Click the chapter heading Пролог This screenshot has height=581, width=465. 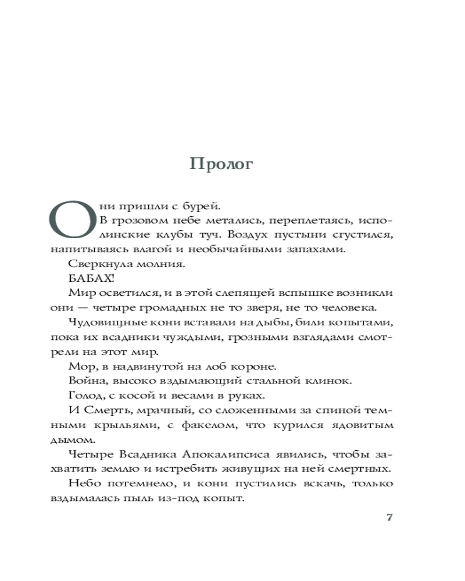pos(221,164)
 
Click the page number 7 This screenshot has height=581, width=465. pos(390,518)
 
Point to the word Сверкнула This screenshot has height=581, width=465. pos(93,263)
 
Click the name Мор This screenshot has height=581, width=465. pos(78,366)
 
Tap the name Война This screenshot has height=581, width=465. pos(85,381)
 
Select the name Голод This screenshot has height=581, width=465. pos(85,396)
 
